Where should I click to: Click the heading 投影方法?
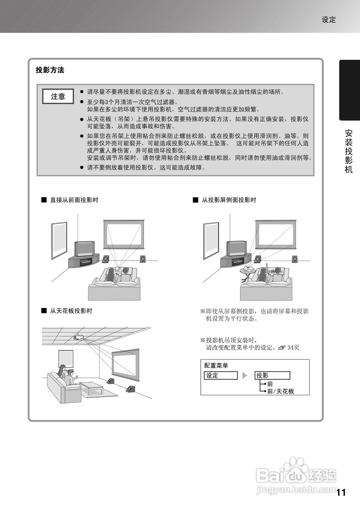tap(50, 70)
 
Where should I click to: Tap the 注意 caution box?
tap(58, 96)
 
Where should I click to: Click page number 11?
tap(341, 492)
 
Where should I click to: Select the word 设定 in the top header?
tap(329, 20)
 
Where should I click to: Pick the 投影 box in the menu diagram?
tap(272, 375)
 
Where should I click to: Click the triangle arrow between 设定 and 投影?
tap(245, 375)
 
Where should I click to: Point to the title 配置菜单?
tap(216, 365)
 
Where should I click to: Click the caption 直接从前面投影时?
tap(74, 200)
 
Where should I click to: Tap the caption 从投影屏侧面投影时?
tap(229, 200)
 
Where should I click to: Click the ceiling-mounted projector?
tap(79, 337)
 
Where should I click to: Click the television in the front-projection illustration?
tap(84, 249)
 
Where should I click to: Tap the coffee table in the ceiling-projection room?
tap(91, 387)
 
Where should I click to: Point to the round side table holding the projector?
tap(248, 272)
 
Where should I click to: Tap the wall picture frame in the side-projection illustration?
tap(211, 240)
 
